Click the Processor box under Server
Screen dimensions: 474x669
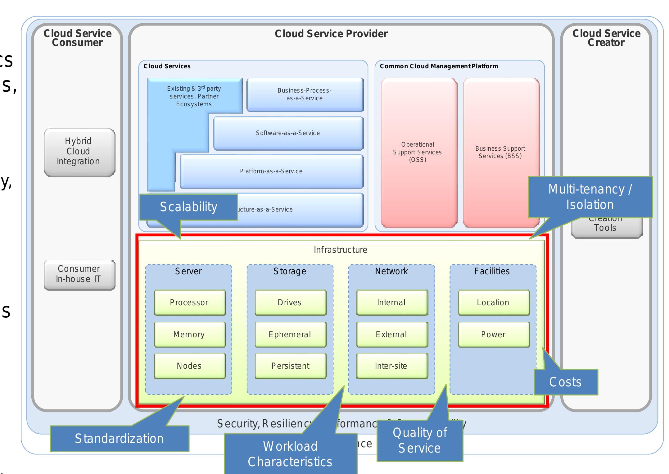tap(190, 303)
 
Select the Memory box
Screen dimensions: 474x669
tap(190, 335)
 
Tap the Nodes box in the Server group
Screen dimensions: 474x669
tap(190, 366)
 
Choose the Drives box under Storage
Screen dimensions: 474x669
tap(290, 303)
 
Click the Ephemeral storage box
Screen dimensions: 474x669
tap(290, 335)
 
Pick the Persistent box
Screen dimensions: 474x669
tap(290, 366)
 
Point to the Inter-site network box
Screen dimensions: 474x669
tap(391, 366)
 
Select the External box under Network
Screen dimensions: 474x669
tap(391, 335)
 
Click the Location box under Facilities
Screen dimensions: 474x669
tap(493, 303)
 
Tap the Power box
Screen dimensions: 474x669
tap(493, 335)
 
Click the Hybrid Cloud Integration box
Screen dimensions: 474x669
tap(79, 152)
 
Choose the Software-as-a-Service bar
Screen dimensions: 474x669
tap(288, 133)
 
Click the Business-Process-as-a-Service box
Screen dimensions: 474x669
tap(305, 94)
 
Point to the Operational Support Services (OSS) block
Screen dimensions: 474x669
tap(418, 152)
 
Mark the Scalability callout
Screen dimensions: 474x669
tap(188, 207)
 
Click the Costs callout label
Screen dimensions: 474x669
tap(565, 382)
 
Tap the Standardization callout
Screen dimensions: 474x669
tap(119, 439)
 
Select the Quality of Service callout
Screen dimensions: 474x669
tap(420, 440)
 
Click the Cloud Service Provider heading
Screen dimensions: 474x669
tap(331, 34)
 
